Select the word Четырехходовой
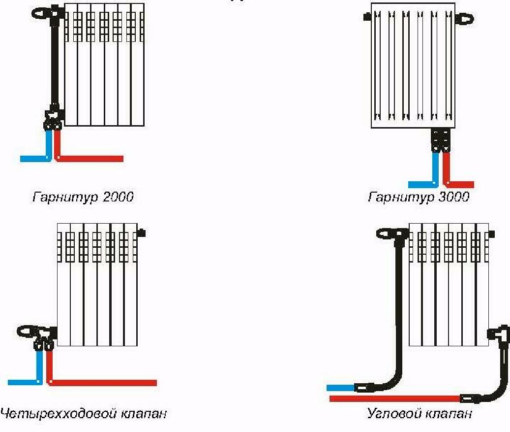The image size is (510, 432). (58, 413)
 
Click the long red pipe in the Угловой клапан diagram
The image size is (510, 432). (393, 398)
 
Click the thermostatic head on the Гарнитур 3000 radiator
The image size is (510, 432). (465, 19)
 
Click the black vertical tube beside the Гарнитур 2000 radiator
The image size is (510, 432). (55, 59)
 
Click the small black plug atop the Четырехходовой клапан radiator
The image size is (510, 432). (142, 232)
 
